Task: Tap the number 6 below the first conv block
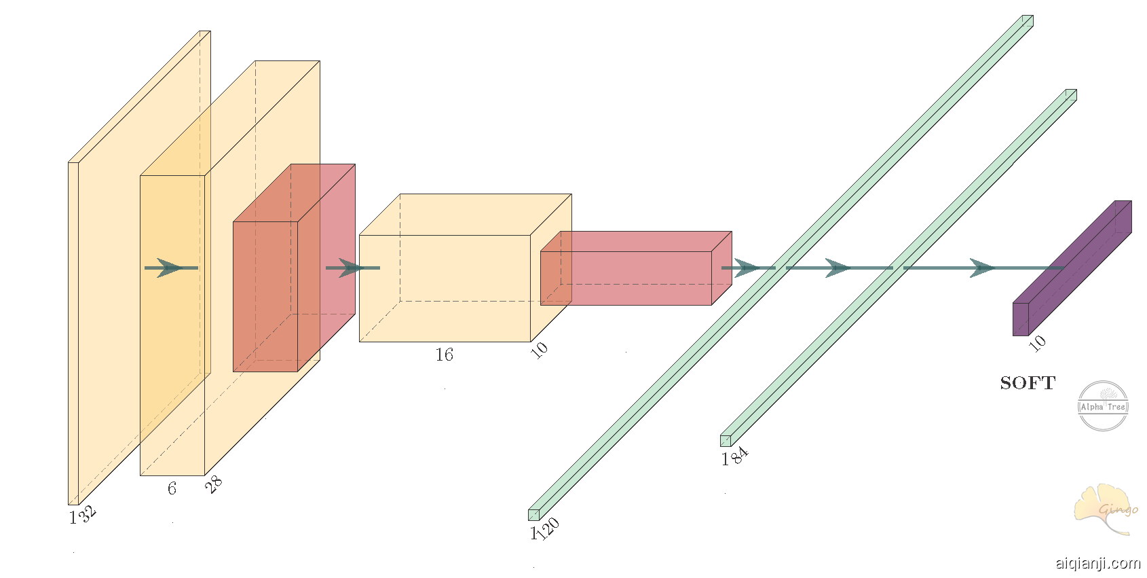coord(172,488)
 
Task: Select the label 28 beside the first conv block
coord(214,484)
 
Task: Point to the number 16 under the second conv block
coord(444,355)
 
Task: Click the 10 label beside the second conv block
coord(539,350)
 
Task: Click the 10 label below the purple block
coord(1037,344)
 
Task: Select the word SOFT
coord(1028,383)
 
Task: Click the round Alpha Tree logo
coord(1103,406)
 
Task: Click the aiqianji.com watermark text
coord(1097,563)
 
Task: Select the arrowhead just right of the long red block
coord(747,268)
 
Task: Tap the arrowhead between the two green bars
coord(838,268)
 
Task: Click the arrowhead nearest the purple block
coord(982,268)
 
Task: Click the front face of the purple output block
coord(1021,319)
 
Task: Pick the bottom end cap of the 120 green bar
coord(533,515)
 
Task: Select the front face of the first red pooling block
coord(265,296)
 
